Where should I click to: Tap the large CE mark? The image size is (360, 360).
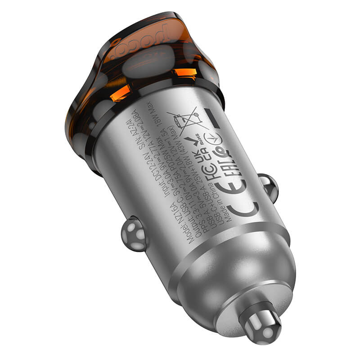(243, 198)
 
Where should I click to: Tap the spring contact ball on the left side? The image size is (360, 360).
(134, 233)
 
